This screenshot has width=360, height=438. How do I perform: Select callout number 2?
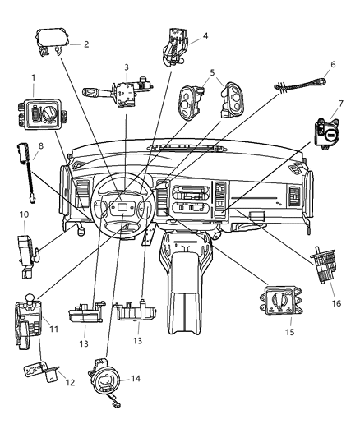click(x=85, y=45)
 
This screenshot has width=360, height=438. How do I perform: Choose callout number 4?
click(x=205, y=35)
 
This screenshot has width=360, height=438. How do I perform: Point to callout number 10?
click(x=25, y=214)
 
